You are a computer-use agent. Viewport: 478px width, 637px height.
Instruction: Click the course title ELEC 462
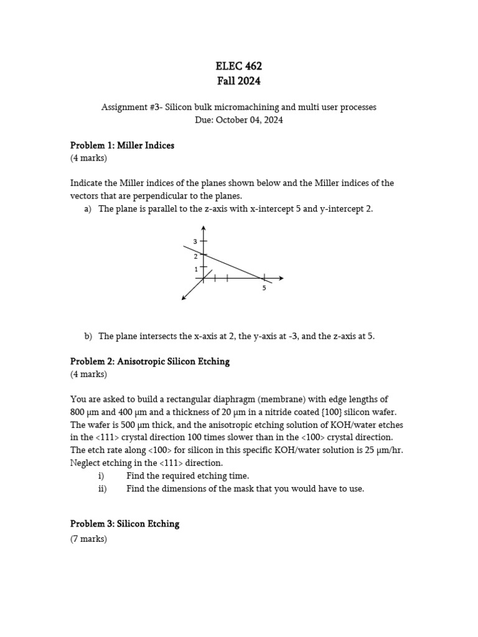click(x=238, y=66)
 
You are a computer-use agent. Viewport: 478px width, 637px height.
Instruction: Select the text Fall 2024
click(x=238, y=81)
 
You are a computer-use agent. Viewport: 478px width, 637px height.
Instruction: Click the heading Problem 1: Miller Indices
click(x=122, y=146)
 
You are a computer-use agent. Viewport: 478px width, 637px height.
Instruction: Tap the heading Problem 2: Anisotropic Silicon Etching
click(x=149, y=361)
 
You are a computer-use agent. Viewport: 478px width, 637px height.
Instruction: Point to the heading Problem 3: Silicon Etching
click(x=124, y=524)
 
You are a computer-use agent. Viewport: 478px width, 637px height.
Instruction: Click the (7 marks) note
click(x=88, y=539)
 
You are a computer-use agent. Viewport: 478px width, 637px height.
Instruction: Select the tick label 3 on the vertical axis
click(x=195, y=241)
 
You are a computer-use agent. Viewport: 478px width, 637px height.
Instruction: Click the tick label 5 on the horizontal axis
click(x=264, y=288)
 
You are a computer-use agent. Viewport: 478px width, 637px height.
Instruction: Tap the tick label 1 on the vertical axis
click(x=195, y=269)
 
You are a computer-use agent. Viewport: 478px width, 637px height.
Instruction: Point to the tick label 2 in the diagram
click(x=195, y=256)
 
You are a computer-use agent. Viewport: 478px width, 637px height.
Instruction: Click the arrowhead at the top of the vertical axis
click(x=204, y=228)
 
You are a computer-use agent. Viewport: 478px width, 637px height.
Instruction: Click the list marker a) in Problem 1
click(x=88, y=209)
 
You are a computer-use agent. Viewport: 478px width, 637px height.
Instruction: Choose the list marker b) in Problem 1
click(x=88, y=336)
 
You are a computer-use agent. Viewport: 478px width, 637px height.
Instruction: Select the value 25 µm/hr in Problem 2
click(x=381, y=450)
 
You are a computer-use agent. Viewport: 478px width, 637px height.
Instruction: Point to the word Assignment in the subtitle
click(x=124, y=107)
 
